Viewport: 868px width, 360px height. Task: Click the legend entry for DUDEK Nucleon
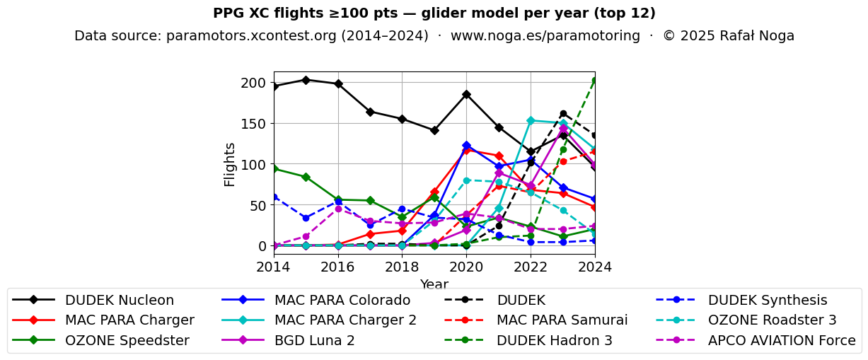coord(119,300)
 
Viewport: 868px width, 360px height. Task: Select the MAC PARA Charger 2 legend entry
coord(345,320)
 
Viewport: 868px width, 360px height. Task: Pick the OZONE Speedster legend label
coord(127,340)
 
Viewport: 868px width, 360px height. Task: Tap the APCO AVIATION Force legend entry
coord(782,340)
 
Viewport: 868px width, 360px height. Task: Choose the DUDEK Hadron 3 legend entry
coord(554,340)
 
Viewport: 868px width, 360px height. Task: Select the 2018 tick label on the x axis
coord(402,267)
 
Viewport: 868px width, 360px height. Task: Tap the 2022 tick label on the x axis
coord(531,267)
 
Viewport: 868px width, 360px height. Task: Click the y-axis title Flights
coord(230,164)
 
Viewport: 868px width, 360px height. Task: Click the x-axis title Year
coord(434,284)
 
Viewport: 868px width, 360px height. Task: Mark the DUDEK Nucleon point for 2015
coord(306,80)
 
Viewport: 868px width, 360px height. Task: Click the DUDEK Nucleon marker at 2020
coord(466,94)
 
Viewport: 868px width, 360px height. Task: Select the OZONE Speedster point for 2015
coord(306,177)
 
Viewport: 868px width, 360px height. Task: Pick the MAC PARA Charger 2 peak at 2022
coord(531,120)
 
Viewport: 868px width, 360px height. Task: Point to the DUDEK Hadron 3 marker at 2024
coord(594,81)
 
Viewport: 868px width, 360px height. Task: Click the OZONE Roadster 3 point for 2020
coord(466,180)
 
